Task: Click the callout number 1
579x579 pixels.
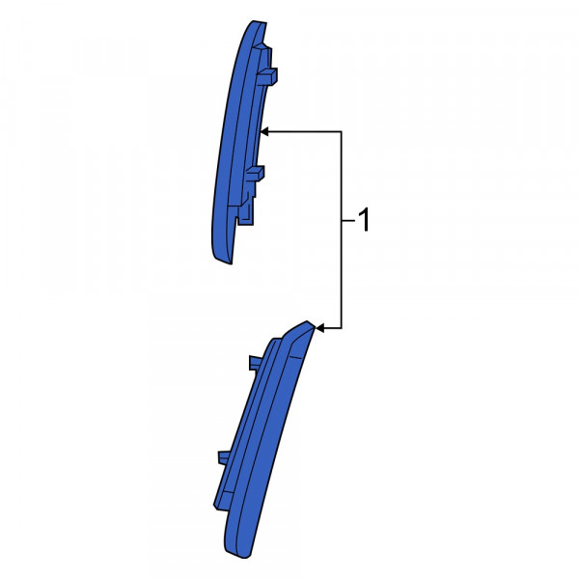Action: pyautogui.click(x=364, y=220)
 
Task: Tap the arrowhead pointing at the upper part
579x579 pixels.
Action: pyautogui.click(x=264, y=131)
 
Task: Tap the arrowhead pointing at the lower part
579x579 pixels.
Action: pyautogui.click(x=320, y=328)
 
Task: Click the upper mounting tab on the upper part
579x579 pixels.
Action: pyautogui.click(x=266, y=76)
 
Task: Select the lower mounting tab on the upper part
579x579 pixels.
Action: pyautogui.click(x=255, y=174)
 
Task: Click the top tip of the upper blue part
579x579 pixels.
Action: pyautogui.click(x=259, y=22)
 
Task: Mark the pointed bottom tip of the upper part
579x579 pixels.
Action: pyautogui.click(x=231, y=262)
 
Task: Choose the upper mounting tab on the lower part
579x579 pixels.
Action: pyautogui.click(x=256, y=363)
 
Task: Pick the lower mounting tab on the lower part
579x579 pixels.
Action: pyautogui.click(x=224, y=457)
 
